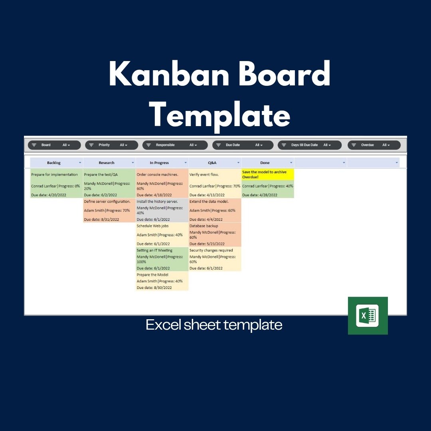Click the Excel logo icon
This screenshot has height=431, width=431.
(368, 316)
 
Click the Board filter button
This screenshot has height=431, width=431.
(54, 145)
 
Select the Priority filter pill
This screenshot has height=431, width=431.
(112, 145)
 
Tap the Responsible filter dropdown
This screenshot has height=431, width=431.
(175, 145)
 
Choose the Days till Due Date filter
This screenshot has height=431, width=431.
(310, 145)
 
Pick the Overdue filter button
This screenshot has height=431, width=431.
(374, 145)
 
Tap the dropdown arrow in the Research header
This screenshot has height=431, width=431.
(133, 163)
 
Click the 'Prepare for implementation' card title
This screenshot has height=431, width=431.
(54, 174)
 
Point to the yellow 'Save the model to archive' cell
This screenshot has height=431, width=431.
(268, 174)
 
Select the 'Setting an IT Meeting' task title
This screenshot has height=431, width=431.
(154, 250)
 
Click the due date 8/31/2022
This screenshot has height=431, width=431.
(101, 219)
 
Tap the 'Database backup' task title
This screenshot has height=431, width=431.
(204, 226)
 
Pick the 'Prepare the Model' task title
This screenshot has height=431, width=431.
(152, 275)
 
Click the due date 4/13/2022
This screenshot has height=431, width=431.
(207, 195)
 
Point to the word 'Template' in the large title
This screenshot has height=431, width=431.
(221, 115)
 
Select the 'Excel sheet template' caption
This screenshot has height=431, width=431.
(214, 324)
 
